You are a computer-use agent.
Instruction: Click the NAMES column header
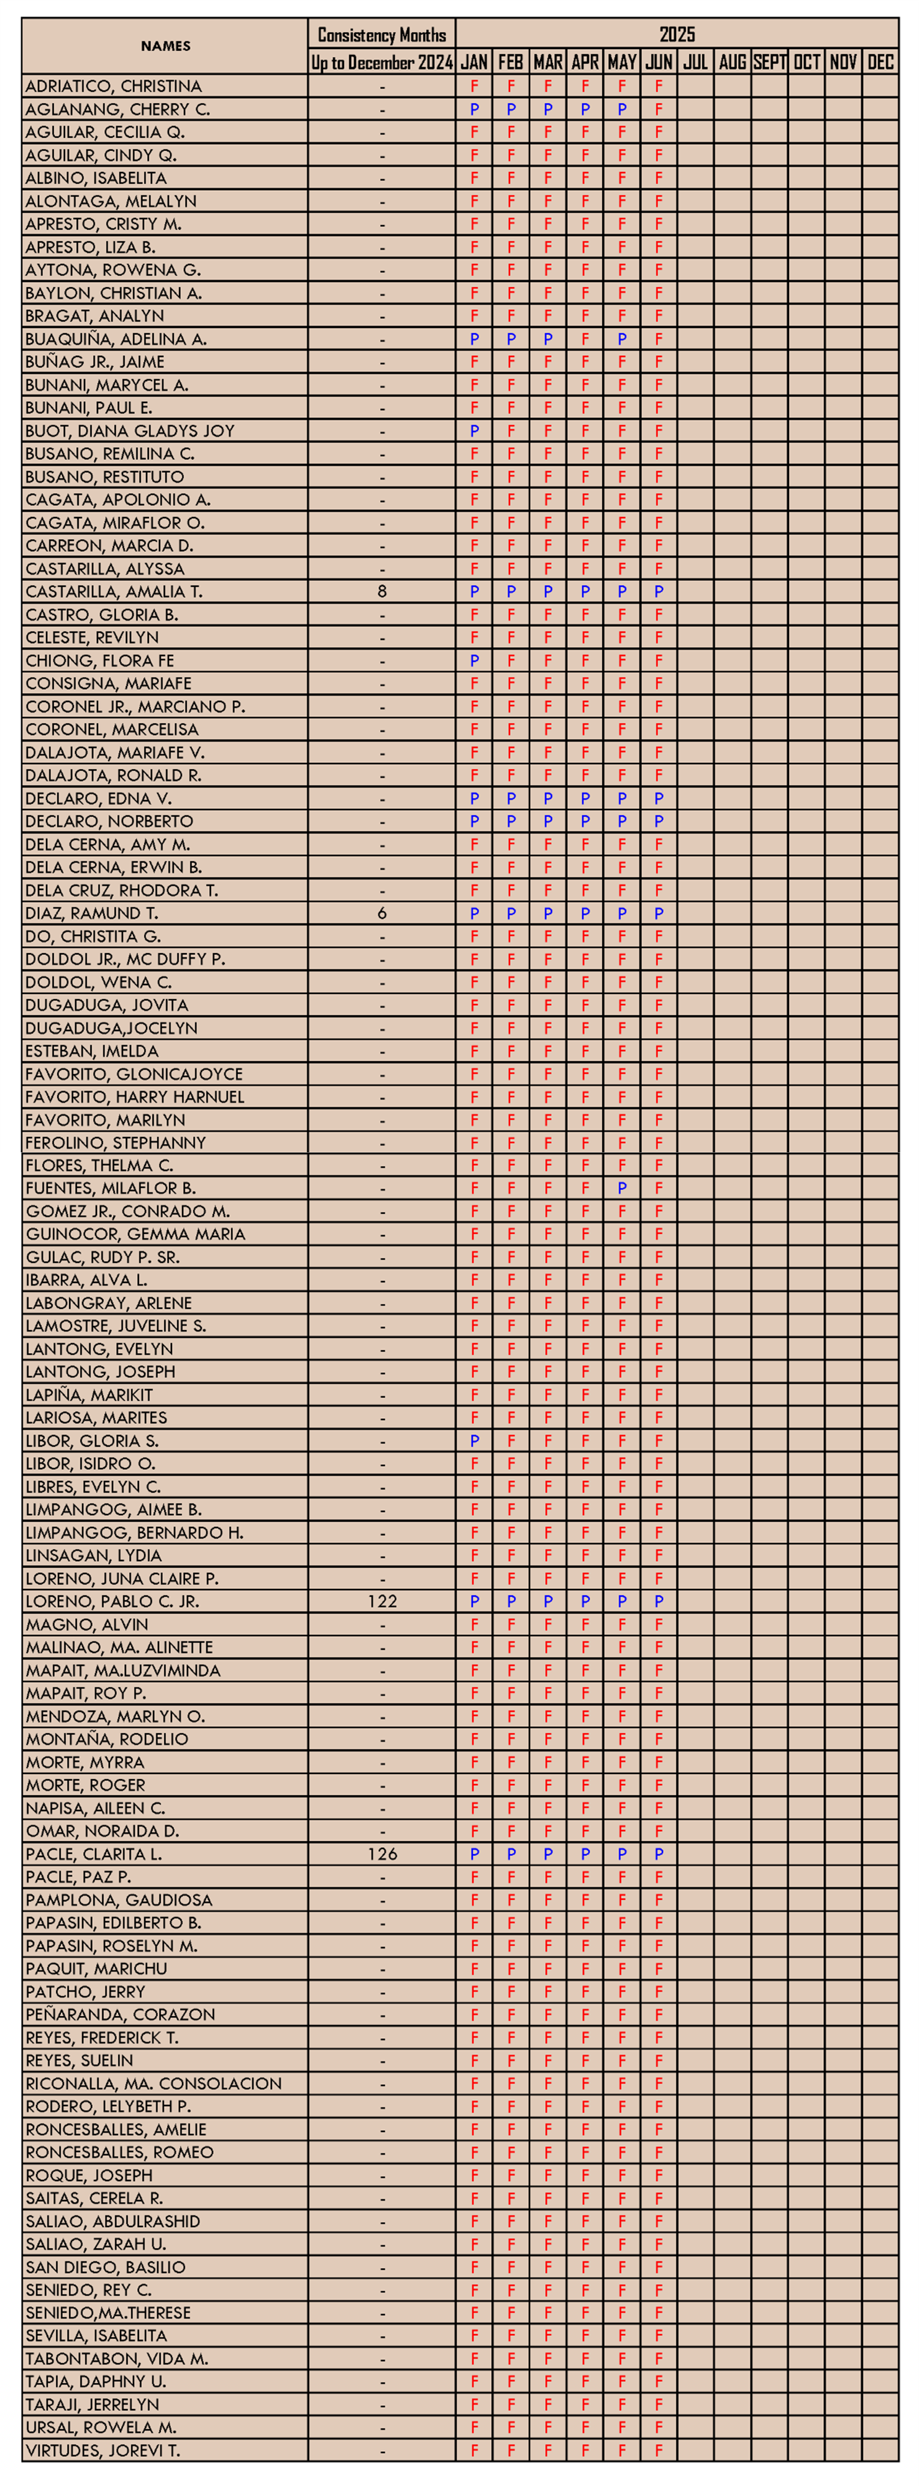165,46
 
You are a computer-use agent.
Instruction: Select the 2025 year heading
677,35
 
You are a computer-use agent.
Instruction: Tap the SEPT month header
769,63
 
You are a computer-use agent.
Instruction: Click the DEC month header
879,63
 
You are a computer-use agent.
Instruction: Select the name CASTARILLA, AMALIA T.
114,592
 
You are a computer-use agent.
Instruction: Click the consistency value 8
382,592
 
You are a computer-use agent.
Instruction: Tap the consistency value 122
382,1601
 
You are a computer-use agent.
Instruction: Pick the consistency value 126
382,1854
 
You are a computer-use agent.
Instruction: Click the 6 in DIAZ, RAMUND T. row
382,913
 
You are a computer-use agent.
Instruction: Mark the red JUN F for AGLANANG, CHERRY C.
658,110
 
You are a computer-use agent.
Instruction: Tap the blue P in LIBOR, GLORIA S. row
474,1441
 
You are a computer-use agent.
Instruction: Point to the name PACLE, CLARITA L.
93,1854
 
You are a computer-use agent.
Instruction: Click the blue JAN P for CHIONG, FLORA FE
474,661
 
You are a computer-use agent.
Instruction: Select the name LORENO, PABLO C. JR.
112,1601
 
